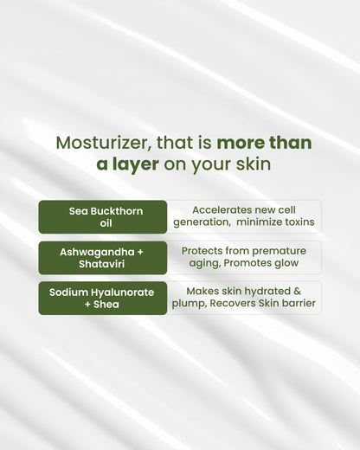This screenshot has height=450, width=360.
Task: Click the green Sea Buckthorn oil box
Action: (102, 216)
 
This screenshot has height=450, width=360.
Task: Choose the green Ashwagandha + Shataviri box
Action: (102, 257)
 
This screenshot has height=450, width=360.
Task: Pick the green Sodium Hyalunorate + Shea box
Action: (102, 298)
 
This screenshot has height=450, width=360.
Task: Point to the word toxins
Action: (297, 222)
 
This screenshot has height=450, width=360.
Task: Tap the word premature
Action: (276, 250)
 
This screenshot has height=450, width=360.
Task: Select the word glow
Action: (285, 263)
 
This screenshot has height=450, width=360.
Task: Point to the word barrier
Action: (297, 304)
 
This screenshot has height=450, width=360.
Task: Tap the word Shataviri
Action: (102, 263)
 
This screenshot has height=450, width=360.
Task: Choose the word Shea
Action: (109, 304)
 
